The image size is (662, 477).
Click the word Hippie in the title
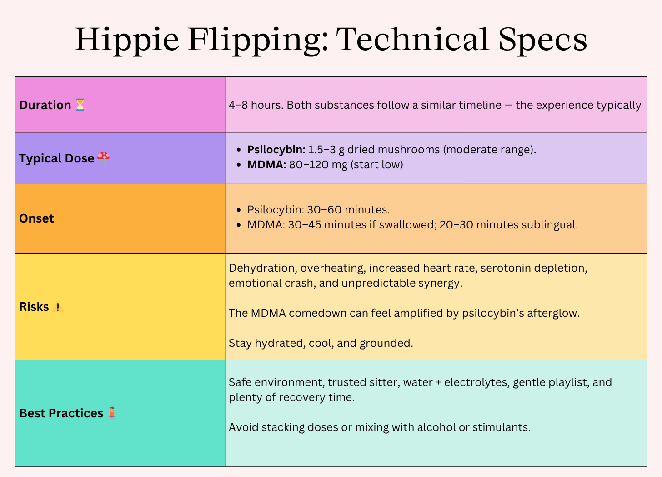coord(127,40)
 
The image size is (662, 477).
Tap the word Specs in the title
coord(543,40)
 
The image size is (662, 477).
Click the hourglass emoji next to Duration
coord(80,105)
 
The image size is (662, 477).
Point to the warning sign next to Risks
coord(57,307)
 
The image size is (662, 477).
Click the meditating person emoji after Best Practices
coord(112,413)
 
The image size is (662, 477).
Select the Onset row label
coord(36,218)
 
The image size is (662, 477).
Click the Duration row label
coord(45,105)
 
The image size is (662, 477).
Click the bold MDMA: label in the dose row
coord(266,164)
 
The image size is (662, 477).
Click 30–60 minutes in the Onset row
coord(348,209)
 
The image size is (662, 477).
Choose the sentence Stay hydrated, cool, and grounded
coord(321,343)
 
